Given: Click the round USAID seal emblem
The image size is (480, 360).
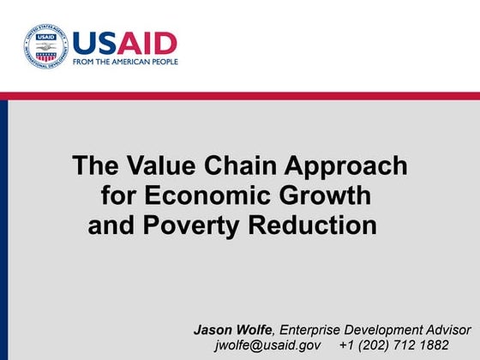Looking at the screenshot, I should click(44, 45).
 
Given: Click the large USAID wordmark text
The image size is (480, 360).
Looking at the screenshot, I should click(124, 42).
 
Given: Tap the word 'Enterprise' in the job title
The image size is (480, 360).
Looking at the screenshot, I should click(313, 329).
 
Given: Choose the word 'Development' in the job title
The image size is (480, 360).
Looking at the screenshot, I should click(385, 330).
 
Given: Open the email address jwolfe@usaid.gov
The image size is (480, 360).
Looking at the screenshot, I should click(267, 345).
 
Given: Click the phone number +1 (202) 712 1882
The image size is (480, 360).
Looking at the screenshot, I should click(393, 345).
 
